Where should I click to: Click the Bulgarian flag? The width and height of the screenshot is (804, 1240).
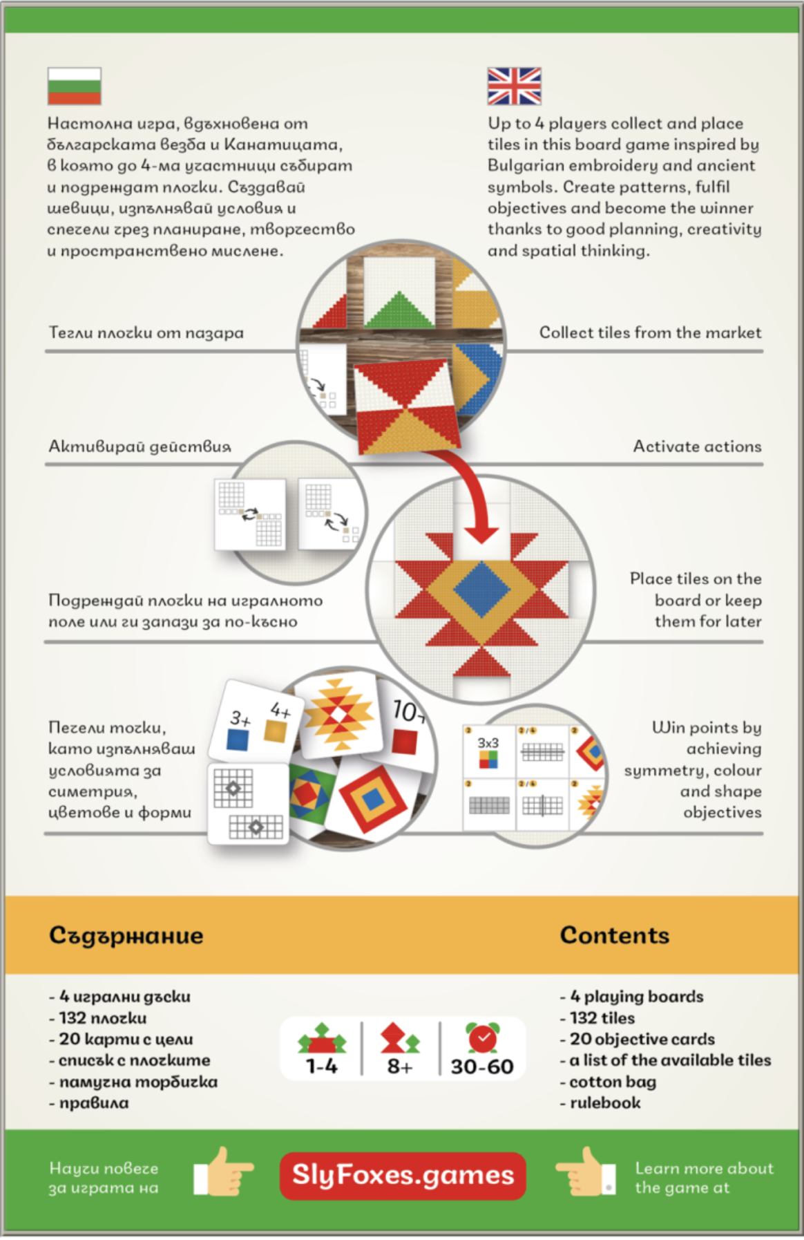pyautogui.click(x=75, y=86)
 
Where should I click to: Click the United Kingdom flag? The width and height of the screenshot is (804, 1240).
pyautogui.click(x=514, y=86)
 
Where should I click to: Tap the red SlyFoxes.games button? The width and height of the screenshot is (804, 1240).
pyautogui.click(x=403, y=1175)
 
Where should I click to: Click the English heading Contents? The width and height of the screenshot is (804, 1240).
pyautogui.click(x=614, y=935)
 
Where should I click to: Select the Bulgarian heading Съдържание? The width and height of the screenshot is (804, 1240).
pyautogui.click(x=126, y=936)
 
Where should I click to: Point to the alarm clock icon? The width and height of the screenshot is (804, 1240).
pyautogui.click(x=482, y=1037)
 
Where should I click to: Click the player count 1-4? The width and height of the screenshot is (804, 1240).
pyautogui.click(x=322, y=1067)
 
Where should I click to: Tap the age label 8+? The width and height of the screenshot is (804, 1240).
pyautogui.click(x=400, y=1067)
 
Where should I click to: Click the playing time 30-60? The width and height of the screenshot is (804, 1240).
pyautogui.click(x=482, y=1067)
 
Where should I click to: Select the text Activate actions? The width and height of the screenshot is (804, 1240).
pyautogui.click(x=697, y=447)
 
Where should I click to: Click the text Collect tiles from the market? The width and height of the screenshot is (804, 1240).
pyautogui.click(x=650, y=332)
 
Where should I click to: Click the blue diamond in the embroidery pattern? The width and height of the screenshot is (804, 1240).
pyautogui.click(x=481, y=590)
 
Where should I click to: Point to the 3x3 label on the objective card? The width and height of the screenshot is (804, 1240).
pyautogui.click(x=488, y=743)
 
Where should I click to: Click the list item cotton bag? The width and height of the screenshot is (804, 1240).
pyautogui.click(x=612, y=1082)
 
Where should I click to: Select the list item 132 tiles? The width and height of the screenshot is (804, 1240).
pyautogui.click(x=602, y=1018)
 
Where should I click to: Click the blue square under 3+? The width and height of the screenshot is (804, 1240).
pyautogui.click(x=237, y=740)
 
